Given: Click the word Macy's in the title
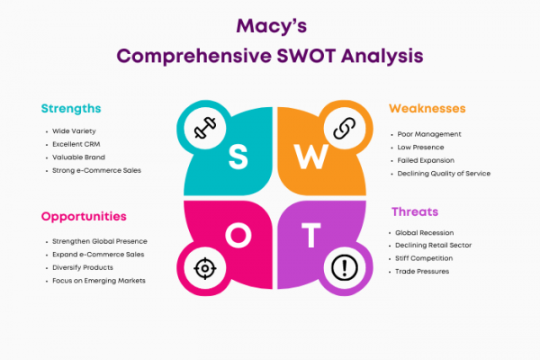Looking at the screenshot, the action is [272, 26].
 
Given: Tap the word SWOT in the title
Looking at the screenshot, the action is [306, 56].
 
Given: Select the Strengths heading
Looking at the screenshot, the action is [71, 109].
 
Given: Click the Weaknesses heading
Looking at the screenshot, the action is [427, 109].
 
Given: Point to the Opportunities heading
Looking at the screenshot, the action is [84, 217].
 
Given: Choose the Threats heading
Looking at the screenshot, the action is [415, 211].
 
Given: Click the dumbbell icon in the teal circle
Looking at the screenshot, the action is [205, 128].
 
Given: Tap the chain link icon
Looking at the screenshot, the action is [345, 128].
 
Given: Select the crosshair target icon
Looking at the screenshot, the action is [205, 268].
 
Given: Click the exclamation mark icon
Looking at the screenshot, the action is [345, 268].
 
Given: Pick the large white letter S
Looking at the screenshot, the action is [238, 157].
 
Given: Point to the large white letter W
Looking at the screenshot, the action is [311, 157].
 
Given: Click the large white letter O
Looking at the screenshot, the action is [238, 235].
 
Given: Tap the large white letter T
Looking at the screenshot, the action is [311, 235].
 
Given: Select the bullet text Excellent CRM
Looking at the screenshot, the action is [76, 144].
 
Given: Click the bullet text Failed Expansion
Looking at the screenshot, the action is [426, 160].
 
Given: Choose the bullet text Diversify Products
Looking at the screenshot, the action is [83, 267].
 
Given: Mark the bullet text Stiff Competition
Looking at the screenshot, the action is [424, 258].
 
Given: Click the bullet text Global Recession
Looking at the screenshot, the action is [424, 233].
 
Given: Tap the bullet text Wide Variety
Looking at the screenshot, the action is [74, 131].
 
